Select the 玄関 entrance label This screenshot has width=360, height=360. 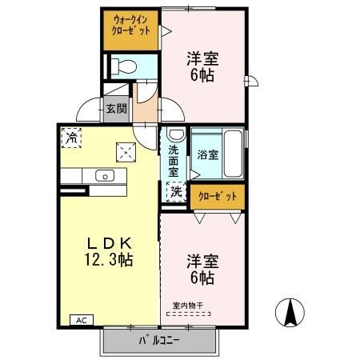click(116, 109)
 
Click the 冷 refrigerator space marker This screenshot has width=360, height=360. click(72, 137)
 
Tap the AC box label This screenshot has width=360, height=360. click(81, 319)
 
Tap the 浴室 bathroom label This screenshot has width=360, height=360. click(207, 154)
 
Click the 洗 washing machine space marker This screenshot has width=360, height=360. click(174, 192)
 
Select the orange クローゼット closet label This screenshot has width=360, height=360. click(217, 194)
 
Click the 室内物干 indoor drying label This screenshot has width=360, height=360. click(189, 305)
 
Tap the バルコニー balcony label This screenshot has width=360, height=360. click(159, 340)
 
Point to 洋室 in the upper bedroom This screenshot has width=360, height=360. click(203, 58)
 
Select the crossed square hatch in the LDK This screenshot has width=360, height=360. click(125, 150)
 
